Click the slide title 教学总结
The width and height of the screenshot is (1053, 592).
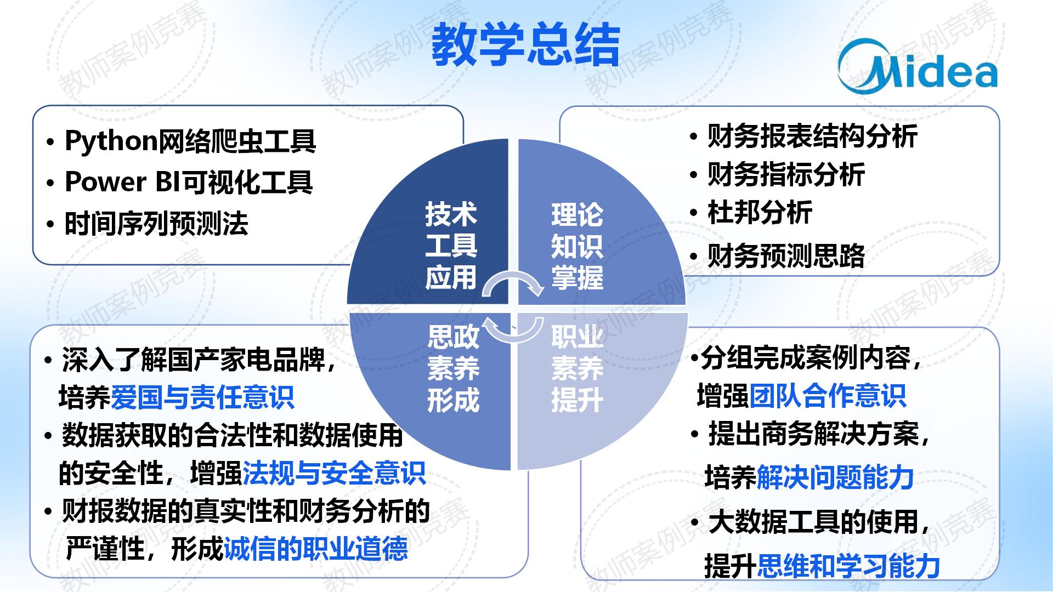click(525, 45)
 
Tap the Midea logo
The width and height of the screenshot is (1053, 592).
click(918, 65)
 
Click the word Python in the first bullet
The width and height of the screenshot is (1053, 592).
click(111, 141)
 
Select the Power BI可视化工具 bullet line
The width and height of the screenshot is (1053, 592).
click(189, 182)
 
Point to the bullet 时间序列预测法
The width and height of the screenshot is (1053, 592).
click(156, 224)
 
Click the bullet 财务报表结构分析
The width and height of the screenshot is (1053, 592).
click(812, 136)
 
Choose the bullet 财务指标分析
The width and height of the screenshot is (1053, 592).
click(786, 174)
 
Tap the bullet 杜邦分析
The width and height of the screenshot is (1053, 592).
click(760, 212)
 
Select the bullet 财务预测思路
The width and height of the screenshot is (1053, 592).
click(786, 255)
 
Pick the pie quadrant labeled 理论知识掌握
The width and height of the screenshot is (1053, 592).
click(592, 236)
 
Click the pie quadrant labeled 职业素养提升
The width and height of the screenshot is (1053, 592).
click(592, 378)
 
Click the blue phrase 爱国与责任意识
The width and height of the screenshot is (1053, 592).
click(203, 397)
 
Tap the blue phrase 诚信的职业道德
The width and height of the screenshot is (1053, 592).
click(316, 548)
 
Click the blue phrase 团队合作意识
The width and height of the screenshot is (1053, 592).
click(828, 396)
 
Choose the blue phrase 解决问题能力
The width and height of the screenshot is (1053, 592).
click(835, 477)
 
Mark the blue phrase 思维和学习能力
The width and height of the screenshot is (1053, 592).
click(848, 566)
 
